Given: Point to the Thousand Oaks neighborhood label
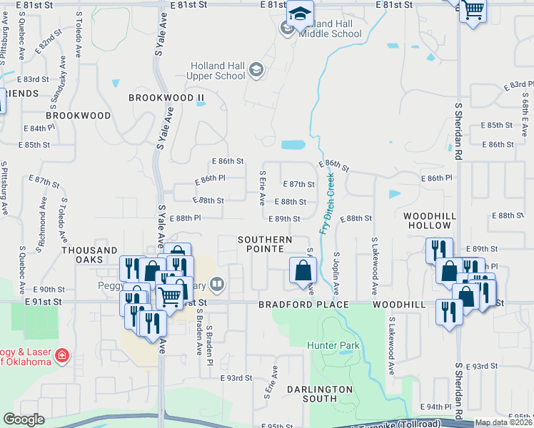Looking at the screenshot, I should (x=89, y=250).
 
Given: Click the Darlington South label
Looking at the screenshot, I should (x=320, y=394).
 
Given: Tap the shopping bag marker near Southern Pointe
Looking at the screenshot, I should (x=303, y=271).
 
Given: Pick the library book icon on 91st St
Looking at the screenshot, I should (x=218, y=285).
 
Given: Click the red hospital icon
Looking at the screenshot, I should (x=63, y=355).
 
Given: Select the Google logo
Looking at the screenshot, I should (x=24, y=419).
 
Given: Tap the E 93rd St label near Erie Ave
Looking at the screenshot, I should (x=236, y=377).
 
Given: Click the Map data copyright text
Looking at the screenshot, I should (x=503, y=422).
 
